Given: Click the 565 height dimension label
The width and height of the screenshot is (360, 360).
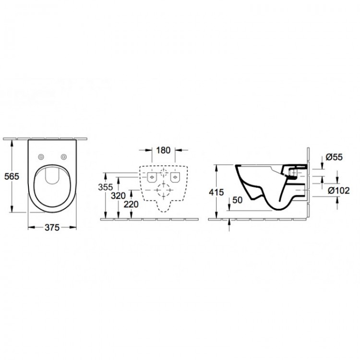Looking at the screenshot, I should (11, 176).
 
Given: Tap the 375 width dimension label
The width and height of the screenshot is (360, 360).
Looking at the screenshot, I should (51, 228).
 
